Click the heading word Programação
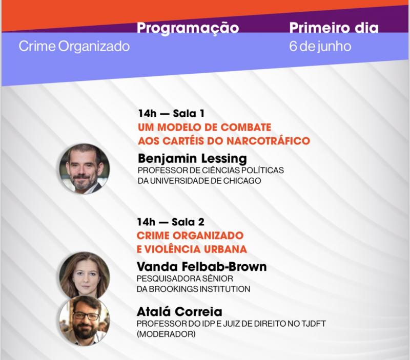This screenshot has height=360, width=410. [x=188, y=28]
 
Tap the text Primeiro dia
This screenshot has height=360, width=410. [x=334, y=28]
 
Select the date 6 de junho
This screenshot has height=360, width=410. [x=320, y=47]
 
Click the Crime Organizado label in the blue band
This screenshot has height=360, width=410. [x=74, y=47]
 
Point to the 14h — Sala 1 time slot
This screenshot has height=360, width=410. [x=171, y=113]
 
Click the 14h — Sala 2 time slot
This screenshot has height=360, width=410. [x=171, y=222]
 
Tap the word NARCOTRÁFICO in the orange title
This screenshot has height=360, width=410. [x=268, y=141]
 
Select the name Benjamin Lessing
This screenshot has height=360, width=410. [x=192, y=158]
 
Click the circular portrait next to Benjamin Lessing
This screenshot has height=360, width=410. [x=85, y=168]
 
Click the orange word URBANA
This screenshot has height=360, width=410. [x=225, y=249]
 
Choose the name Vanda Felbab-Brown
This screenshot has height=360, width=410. [x=201, y=267]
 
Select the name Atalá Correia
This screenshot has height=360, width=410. [x=179, y=312]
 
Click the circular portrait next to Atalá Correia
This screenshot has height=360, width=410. [x=85, y=321]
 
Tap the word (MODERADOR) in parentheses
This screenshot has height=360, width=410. [x=166, y=334]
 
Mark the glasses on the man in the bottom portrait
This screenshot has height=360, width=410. [x=86, y=316]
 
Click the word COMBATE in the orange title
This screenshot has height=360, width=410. [x=246, y=128]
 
